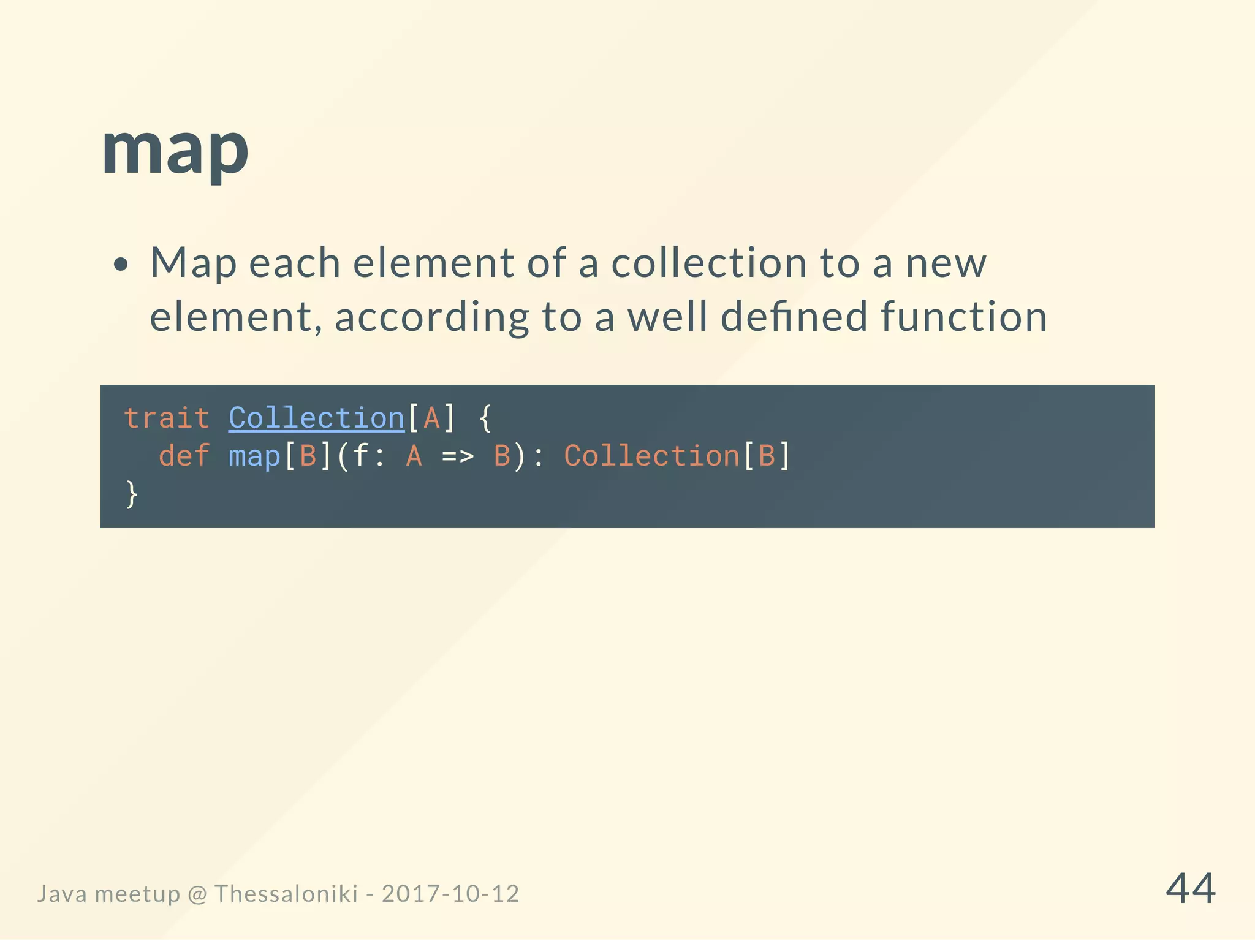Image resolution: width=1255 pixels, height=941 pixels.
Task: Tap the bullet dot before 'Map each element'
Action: [x=121, y=265]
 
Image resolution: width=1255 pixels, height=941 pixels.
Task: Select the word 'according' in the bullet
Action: [x=431, y=318]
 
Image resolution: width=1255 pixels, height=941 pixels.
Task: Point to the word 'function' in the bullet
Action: [x=964, y=317]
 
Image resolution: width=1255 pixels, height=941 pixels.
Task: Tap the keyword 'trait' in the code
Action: [x=167, y=418]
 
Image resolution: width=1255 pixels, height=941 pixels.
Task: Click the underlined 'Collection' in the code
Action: [x=316, y=418]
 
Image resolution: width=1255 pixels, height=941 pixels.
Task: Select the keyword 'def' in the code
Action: [x=184, y=456]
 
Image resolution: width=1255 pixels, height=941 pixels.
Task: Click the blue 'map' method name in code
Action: [x=254, y=456]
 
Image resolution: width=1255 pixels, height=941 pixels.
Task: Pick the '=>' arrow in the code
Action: [x=458, y=456]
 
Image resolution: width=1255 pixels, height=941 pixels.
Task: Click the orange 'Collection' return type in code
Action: [x=652, y=456]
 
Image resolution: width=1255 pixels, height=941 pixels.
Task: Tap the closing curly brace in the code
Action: [x=131, y=494]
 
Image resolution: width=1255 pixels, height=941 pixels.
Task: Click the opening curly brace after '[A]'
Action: [x=485, y=418]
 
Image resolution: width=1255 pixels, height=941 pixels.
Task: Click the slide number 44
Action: [x=1190, y=888]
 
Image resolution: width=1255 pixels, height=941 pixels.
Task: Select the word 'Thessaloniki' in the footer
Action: [x=286, y=894]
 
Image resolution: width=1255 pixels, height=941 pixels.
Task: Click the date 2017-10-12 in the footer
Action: [x=450, y=894]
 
